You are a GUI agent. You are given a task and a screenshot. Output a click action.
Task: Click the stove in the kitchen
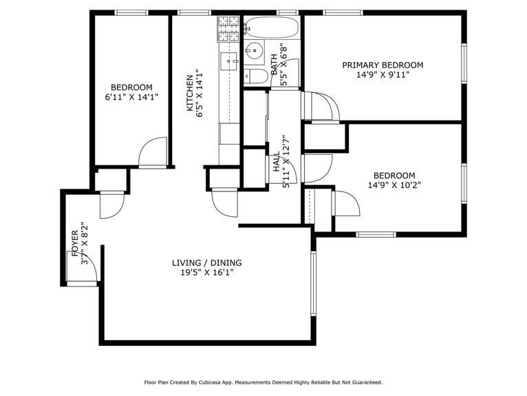tap(228, 29)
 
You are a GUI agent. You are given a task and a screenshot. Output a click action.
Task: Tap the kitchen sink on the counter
tap(228, 61)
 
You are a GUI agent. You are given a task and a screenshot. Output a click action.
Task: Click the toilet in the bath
tap(255, 76)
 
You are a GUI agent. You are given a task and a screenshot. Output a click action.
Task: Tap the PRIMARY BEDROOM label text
tap(383, 65)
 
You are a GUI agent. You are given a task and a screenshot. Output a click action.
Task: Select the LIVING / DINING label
tap(206, 263)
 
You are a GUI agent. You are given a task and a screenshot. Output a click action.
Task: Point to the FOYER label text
tap(76, 243)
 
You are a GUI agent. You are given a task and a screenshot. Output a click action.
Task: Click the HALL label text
tap(277, 164)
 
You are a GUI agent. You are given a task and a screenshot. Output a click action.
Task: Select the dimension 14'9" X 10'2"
tap(394, 185)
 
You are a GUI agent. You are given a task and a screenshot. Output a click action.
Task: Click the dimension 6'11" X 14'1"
tap(131, 97)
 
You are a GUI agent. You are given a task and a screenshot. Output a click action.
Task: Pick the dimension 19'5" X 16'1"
tap(206, 273)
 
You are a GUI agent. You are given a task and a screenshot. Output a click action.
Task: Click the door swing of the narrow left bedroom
tap(153, 152)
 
